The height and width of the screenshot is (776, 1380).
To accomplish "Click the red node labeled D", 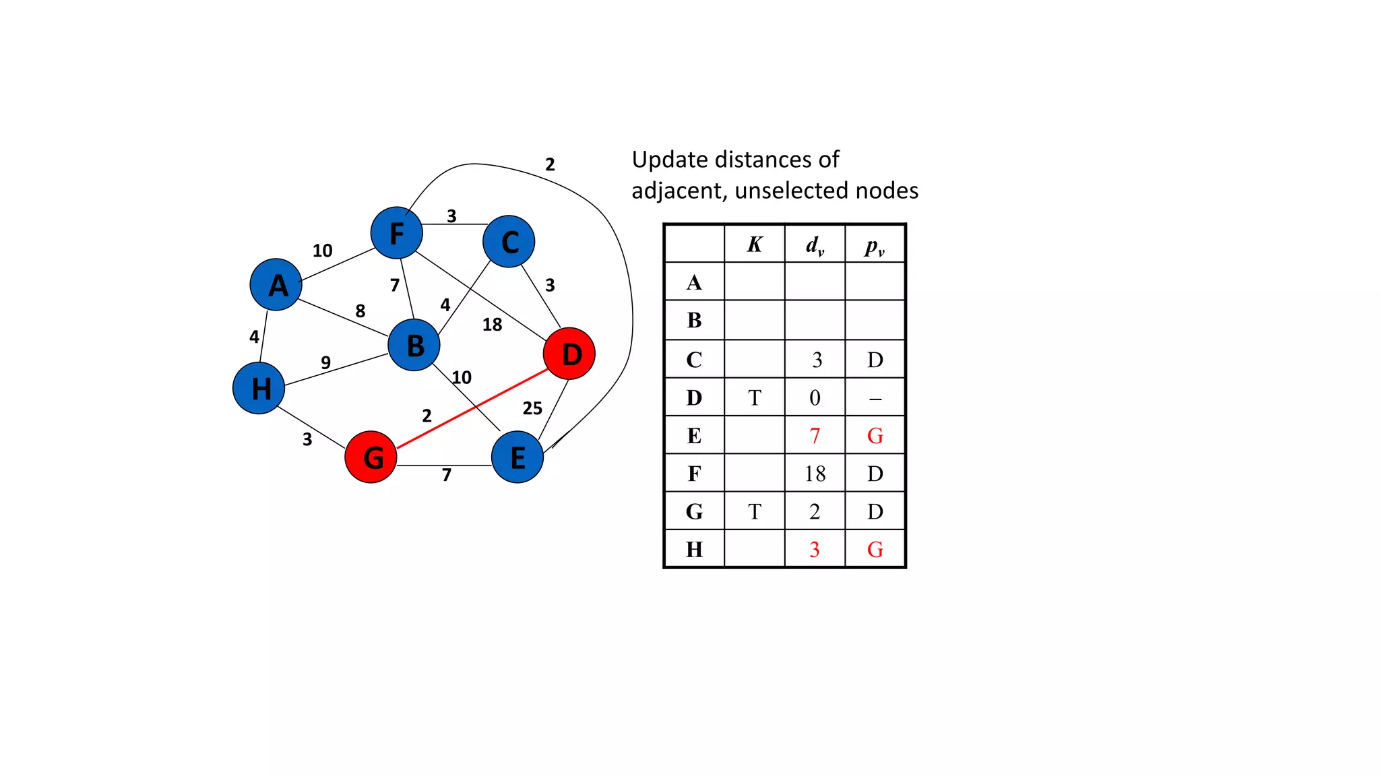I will tap(569, 354).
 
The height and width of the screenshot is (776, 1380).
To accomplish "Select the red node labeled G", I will tap(371, 457).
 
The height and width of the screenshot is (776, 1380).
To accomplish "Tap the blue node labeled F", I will tap(396, 233).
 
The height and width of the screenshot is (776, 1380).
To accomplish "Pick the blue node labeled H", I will tap(259, 388).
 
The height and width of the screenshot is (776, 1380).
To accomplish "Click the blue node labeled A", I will tap(276, 284).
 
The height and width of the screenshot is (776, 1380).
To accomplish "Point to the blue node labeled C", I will tap(509, 241).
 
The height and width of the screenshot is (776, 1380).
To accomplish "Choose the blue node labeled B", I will tap(414, 345).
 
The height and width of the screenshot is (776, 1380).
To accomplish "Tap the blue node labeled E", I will tap(517, 457).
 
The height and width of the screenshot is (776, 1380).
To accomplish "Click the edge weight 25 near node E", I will tap(532, 408).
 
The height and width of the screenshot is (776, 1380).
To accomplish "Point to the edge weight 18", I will tap(492, 325).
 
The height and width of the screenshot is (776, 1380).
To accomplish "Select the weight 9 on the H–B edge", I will tap(325, 362).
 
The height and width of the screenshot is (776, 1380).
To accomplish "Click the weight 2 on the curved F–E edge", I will tap(550, 164).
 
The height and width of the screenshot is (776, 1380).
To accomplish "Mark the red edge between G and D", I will tap(472, 408).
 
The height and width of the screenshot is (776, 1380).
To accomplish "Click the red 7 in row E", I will tap(815, 436).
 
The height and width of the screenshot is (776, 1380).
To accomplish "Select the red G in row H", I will tap(875, 550).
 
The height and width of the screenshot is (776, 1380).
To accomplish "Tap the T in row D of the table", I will tap(754, 398).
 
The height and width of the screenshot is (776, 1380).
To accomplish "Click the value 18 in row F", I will tap(815, 474).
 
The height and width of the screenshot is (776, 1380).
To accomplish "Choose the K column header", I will tap(754, 245).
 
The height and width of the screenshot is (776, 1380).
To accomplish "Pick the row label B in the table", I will tap(694, 320).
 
